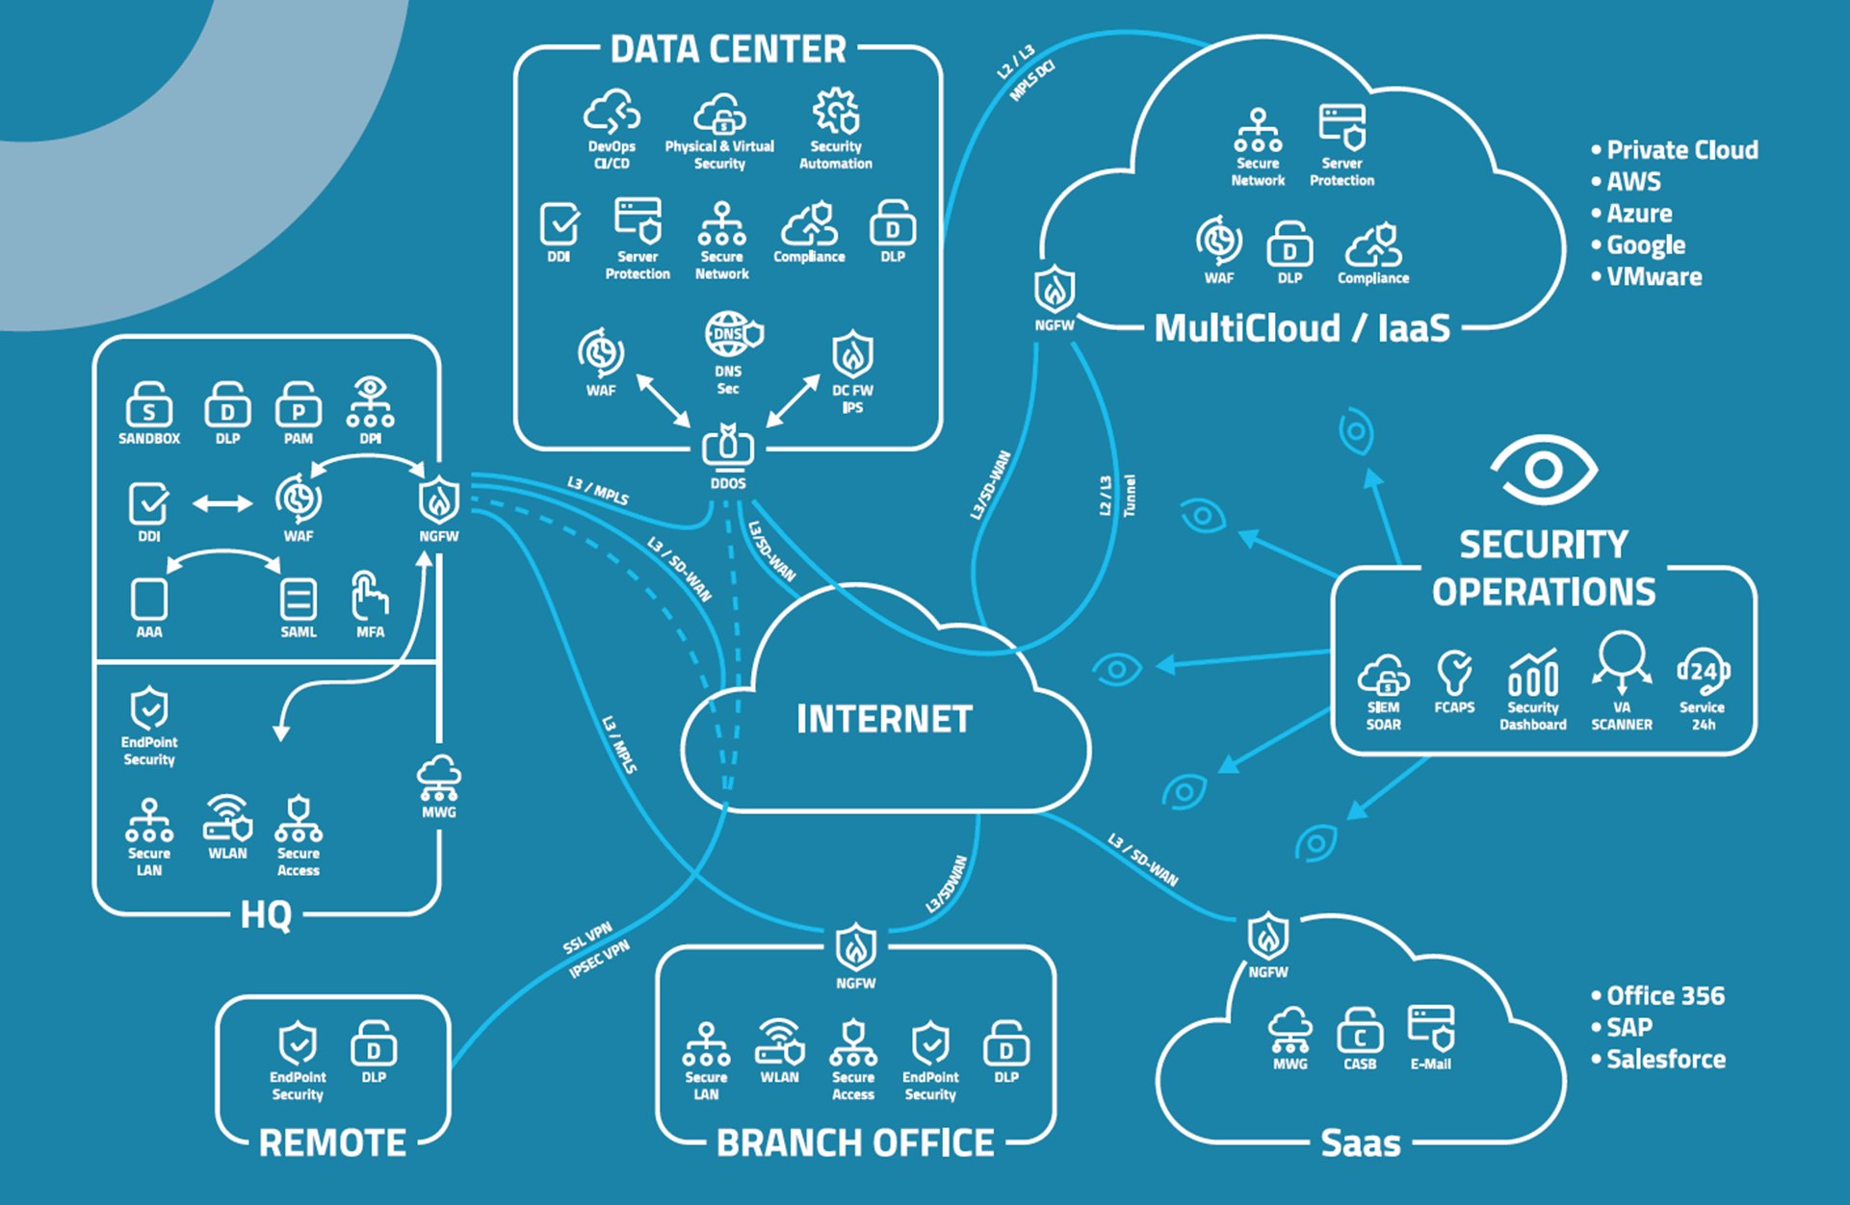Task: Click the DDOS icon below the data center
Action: coord(728,447)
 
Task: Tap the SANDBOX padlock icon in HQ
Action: coord(149,406)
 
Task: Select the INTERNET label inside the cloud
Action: coord(884,719)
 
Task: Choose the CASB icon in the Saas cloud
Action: coord(1360,1032)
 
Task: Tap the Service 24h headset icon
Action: coord(1703,671)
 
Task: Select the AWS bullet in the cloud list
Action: coord(1633,182)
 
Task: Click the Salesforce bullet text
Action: coord(1665,1060)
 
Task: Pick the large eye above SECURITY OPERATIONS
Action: coord(1544,470)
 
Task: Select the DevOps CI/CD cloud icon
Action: coord(612,114)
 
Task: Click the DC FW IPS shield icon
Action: coord(852,355)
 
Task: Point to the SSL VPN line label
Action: coord(587,937)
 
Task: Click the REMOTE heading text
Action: coord(332,1143)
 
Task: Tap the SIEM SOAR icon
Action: coord(1383,675)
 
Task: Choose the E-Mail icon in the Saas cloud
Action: coord(1431,1028)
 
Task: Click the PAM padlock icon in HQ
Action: coord(299,406)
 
